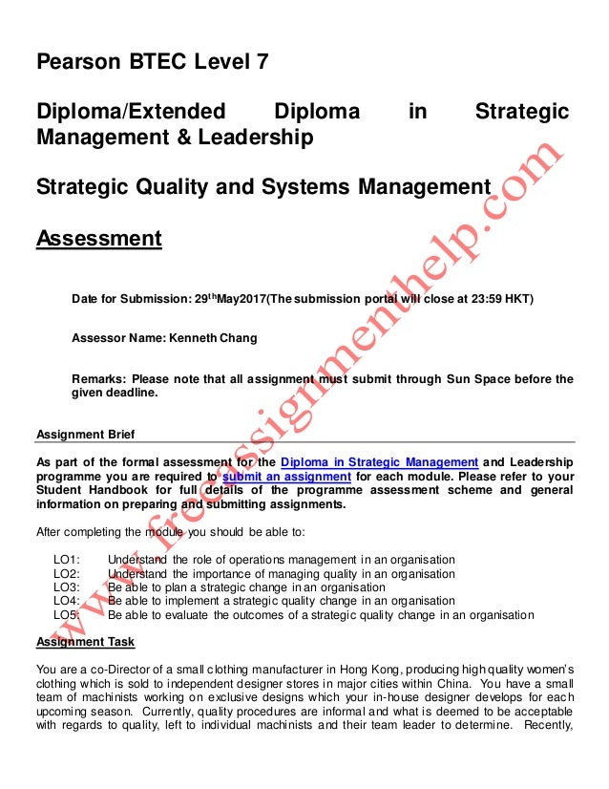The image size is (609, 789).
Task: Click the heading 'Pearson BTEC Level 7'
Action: (152, 63)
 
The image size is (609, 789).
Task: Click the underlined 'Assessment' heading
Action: (98, 237)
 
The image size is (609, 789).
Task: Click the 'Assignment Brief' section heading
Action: (85, 434)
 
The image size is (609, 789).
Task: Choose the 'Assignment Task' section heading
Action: (85, 641)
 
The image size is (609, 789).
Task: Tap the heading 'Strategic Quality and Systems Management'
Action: (262, 187)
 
